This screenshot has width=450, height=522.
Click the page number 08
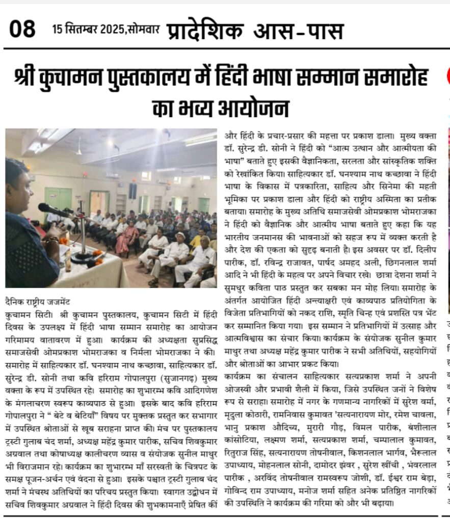point(22,29)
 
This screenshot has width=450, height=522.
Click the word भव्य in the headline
point(191,108)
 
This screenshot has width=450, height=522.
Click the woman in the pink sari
point(128,237)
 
